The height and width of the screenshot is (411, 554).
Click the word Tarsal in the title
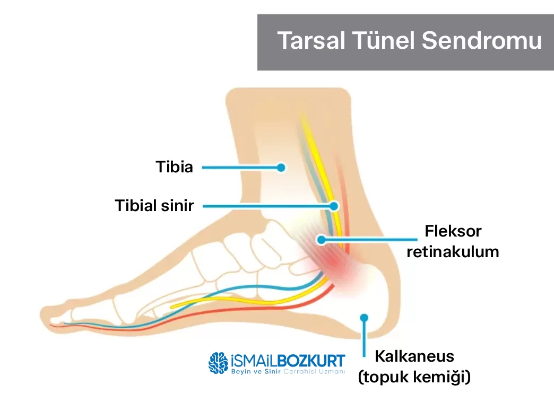point(311,41)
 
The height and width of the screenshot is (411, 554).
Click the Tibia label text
point(174,167)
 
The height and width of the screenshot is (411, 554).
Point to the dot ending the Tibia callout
point(281,168)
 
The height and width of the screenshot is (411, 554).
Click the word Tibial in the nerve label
point(136,206)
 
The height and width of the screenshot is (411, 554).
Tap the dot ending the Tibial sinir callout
point(334,206)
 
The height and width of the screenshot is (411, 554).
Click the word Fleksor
point(453,231)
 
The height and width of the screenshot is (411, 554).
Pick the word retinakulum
point(453,252)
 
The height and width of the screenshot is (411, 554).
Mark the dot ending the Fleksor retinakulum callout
point(321,240)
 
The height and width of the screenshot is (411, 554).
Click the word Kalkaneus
point(414,356)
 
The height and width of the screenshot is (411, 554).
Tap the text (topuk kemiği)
point(414,377)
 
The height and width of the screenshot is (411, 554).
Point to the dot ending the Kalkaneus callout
point(364,318)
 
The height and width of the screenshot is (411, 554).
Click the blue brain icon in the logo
point(218,363)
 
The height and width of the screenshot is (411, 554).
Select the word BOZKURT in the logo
point(311,361)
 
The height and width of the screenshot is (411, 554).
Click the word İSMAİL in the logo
point(253,361)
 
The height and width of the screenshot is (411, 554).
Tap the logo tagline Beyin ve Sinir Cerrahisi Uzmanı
point(288,371)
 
